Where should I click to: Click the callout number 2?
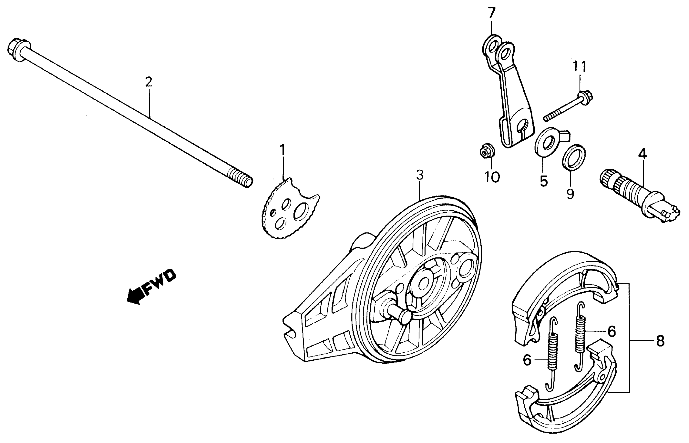(148, 83)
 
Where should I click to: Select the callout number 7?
(491, 13)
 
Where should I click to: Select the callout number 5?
(543, 181)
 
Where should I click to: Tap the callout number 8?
(660, 342)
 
